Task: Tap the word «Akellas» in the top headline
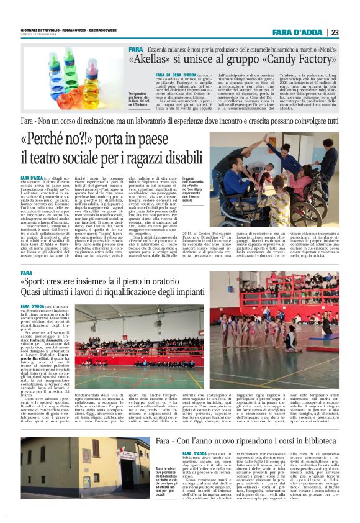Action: (x=150, y=60)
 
